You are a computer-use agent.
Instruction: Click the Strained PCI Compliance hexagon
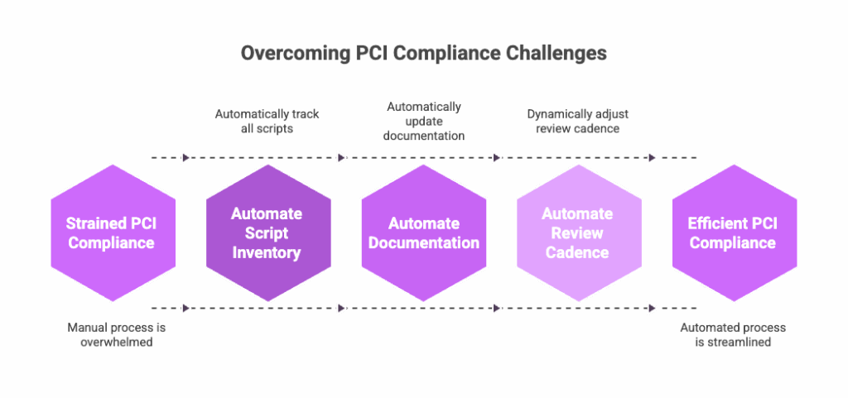pos(112,233)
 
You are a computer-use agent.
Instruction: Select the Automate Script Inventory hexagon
pos(267,233)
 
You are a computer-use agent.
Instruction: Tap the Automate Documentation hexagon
pos(423,233)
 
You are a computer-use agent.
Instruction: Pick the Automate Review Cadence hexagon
pos(578,233)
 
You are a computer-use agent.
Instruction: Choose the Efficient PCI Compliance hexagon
pos(734,233)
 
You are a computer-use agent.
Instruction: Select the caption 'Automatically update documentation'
pos(424,121)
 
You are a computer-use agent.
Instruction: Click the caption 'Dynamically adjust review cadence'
pos(576,121)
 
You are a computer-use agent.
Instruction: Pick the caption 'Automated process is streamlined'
pos(733,334)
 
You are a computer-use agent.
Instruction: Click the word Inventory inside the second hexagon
pos(267,252)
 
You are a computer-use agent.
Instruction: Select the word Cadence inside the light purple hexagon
pos(577,252)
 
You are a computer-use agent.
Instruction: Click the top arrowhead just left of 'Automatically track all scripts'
pos(186,157)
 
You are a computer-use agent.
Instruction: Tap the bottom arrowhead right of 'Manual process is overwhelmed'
pos(186,308)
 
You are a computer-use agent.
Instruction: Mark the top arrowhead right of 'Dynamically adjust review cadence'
pos(653,157)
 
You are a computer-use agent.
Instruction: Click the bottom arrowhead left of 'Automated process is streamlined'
pos(653,308)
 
